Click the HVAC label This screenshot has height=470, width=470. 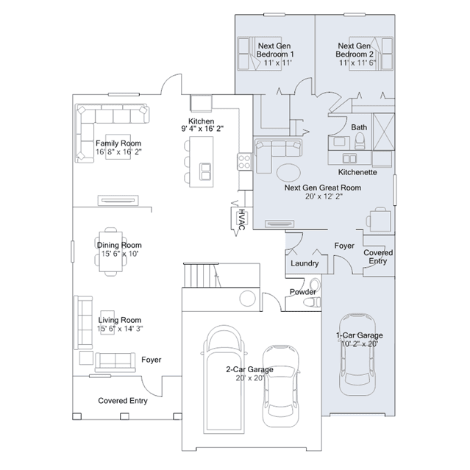[241, 220]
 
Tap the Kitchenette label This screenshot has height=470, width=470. [357, 172]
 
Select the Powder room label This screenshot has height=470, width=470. [303, 292]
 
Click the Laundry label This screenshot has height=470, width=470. [305, 263]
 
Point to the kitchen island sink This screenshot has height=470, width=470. [205, 171]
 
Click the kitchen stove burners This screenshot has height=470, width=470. [244, 161]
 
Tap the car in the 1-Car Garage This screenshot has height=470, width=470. [357, 355]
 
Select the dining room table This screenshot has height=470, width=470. [111, 252]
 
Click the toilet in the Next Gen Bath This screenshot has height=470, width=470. [360, 141]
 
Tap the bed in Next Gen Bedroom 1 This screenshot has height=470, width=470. [260, 54]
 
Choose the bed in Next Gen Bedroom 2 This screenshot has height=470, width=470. [371, 54]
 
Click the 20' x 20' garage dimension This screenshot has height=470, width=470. [250, 378]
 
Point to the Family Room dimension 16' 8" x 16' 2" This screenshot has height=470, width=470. [118, 152]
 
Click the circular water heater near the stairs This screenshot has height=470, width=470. [248, 298]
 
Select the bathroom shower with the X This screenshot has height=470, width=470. [383, 131]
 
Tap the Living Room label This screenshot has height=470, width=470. [120, 320]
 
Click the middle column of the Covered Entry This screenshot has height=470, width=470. [124, 416]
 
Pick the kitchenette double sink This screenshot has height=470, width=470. [349, 158]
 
